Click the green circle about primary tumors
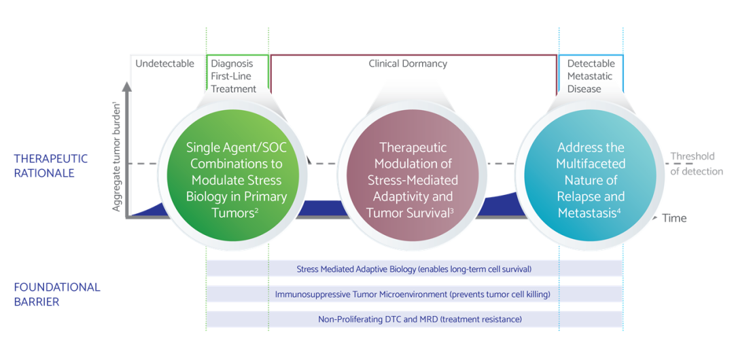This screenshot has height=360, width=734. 237,180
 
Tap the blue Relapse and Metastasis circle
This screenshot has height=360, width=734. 591,180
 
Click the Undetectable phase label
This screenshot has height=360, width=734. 164,64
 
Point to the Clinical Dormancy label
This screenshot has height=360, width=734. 408,64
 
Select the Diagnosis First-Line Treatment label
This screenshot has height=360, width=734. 234,76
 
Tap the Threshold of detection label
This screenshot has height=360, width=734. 697,164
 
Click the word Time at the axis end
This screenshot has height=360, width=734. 674,218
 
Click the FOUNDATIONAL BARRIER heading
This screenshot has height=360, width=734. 56,294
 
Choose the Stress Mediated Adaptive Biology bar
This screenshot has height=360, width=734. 415,269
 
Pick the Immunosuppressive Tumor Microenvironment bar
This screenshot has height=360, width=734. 415,295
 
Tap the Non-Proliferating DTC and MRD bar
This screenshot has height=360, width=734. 415,320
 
